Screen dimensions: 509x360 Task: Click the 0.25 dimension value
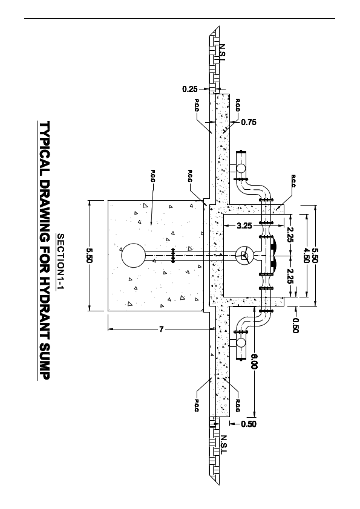click(189, 89)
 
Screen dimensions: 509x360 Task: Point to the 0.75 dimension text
click(249, 122)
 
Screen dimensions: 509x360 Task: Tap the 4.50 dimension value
click(306, 255)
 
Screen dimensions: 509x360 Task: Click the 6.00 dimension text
click(255, 361)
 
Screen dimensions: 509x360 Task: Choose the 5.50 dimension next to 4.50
click(315, 255)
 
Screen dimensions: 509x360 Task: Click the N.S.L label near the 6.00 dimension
click(223, 443)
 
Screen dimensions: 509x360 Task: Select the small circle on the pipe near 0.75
click(241, 167)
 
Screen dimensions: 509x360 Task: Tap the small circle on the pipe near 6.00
click(241, 343)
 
